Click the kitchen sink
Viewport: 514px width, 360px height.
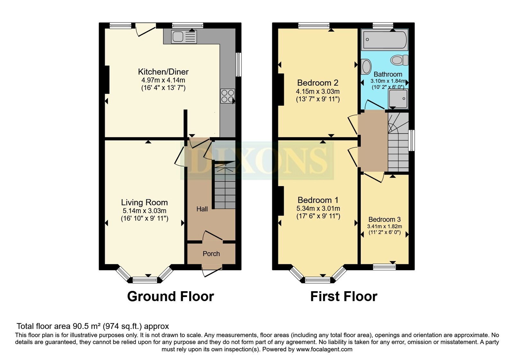(184, 37)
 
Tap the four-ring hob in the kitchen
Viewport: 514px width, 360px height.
(227, 96)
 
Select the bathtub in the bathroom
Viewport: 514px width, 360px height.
(385, 40)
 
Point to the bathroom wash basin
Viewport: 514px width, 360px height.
(366, 67)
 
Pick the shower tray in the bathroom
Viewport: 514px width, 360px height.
(398, 98)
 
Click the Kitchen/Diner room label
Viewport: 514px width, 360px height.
(163, 72)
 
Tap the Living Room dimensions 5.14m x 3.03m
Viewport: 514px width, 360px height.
(145, 211)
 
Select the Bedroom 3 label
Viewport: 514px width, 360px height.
(385, 220)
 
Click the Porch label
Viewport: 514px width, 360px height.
(211, 254)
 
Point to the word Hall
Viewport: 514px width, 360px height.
(202, 209)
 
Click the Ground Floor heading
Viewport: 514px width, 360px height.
(170, 296)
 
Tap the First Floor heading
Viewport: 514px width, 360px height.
(343, 296)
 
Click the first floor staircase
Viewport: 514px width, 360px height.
(398, 145)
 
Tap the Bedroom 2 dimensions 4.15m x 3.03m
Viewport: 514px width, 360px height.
(318, 91)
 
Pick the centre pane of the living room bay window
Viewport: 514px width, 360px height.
(145, 280)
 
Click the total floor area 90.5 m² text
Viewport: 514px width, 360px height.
(93, 326)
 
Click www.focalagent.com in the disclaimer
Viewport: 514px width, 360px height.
(324, 349)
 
